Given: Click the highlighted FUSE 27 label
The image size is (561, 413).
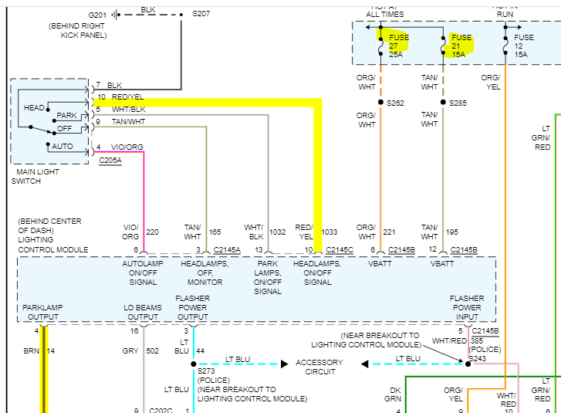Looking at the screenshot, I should tap(399, 46).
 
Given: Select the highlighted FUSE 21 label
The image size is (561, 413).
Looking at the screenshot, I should tap(461, 46).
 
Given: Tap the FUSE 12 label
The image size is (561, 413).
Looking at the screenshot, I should tap(524, 46).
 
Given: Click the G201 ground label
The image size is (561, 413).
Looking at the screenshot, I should tap(98, 15).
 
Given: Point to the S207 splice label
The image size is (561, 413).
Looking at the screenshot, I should tap(200, 14).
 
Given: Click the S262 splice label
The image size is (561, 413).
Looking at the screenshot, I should tap(395, 103).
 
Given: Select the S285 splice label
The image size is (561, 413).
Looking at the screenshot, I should tap(458, 103).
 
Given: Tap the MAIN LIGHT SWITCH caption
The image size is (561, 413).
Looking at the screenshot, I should tap(35, 176).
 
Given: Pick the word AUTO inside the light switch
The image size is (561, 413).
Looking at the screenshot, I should tap(63, 146).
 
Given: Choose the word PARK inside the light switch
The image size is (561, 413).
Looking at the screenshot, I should tap(67, 116).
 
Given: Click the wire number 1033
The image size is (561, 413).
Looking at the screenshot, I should tap(330, 231).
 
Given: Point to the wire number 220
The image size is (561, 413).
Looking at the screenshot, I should tap(152, 231).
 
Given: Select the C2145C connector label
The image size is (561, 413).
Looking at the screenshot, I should tap(340, 250).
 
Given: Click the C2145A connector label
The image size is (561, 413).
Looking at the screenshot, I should tap(227, 250).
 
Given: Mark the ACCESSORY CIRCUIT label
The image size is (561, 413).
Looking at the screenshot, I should tap(319, 367).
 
